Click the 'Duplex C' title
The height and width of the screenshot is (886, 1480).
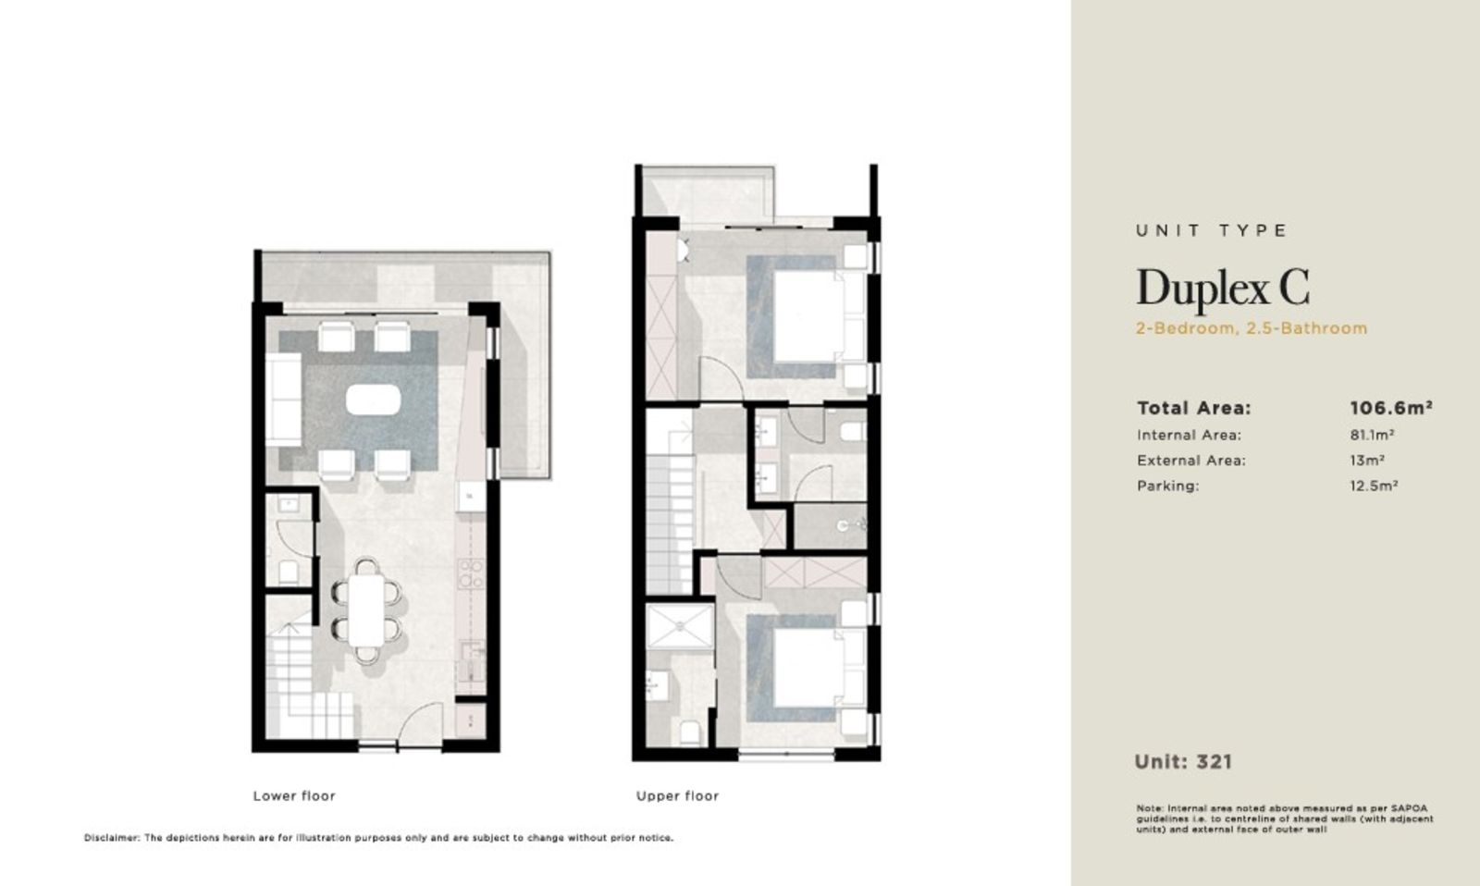pyautogui.click(x=1222, y=289)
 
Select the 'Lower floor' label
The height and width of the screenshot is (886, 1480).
pyautogui.click(x=294, y=795)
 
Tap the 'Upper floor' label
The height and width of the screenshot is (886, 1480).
pyautogui.click(x=677, y=795)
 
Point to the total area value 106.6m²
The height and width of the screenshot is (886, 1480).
pyautogui.click(x=1391, y=408)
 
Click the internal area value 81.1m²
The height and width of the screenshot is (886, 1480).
pyautogui.click(x=1373, y=435)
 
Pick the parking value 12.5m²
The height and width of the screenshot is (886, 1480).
pyautogui.click(x=1374, y=486)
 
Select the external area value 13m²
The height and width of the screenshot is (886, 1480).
pyautogui.click(x=1367, y=460)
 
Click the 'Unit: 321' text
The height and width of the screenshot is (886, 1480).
pyautogui.click(x=1183, y=762)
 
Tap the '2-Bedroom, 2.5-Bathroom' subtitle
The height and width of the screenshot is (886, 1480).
pyautogui.click(x=1252, y=328)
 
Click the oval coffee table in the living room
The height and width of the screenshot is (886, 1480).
pyautogui.click(x=374, y=400)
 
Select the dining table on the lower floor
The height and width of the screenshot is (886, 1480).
pyautogui.click(x=366, y=610)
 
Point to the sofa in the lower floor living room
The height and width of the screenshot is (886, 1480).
pyautogui.click(x=283, y=399)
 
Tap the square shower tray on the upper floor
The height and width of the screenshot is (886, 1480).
pyautogui.click(x=680, y=626)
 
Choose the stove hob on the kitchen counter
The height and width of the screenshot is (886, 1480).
pyautogui.click(x=471, y=573)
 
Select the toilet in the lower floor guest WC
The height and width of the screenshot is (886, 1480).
pyautogui.click(x=288, y=572)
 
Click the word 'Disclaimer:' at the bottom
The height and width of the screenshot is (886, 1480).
pyautogui.click(x=112, y=838)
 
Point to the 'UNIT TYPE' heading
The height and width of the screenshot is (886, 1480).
pyautogui.click(x=1212, y=230)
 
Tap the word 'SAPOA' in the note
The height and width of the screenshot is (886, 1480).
pyautogui.click(x=1409, y=808)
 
